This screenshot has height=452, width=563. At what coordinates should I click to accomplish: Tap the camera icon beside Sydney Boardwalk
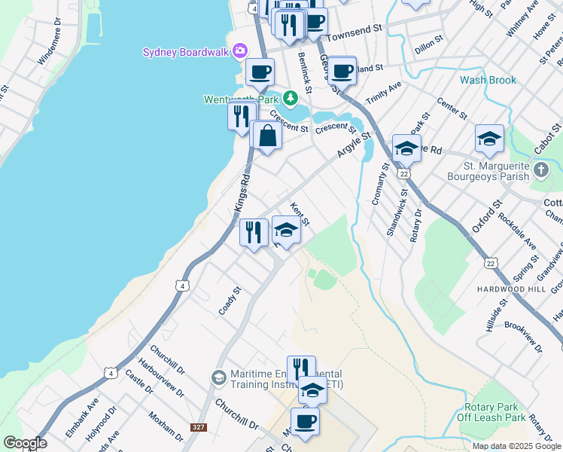pos(240,51)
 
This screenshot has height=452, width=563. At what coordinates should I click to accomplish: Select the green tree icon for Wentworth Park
pos(289,98)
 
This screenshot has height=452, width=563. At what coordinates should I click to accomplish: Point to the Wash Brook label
pos(488,80)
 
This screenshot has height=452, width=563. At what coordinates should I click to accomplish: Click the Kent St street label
pos(300,214)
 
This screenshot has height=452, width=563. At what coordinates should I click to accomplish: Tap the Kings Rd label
pos(242,193)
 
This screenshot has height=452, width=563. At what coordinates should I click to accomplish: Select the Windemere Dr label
pos(53,55)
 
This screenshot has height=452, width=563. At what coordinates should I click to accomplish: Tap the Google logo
pos(24,443)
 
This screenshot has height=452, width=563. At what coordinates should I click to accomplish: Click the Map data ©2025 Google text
pos(516,446)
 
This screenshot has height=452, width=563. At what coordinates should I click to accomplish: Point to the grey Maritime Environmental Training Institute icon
pos(218,377)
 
